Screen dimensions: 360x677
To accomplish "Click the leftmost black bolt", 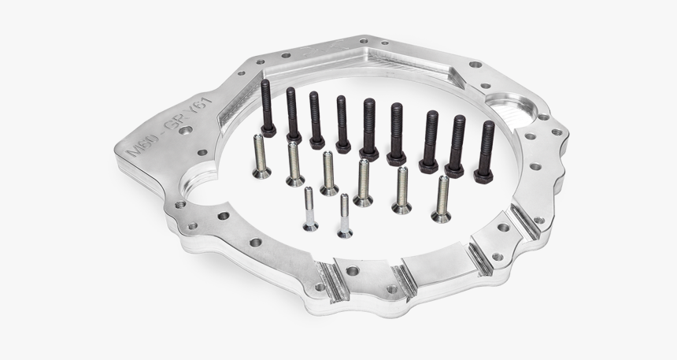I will point(267,107).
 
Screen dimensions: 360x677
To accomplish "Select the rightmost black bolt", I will point(485,150).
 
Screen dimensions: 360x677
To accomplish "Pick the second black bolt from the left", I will point(292,115).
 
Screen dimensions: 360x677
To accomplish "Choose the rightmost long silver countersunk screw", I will point(442,198).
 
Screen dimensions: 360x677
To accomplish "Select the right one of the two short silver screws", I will point(344,214).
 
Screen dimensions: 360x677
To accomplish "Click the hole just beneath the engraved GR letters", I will point(184,130).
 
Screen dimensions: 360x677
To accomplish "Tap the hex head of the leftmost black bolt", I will point(268,131).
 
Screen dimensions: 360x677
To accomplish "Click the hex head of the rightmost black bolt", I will point(483,173).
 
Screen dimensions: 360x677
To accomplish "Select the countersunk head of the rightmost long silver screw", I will point(440,216).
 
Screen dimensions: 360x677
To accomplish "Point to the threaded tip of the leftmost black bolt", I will point(266,84).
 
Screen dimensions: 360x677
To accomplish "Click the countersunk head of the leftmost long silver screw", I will point(262,173).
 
